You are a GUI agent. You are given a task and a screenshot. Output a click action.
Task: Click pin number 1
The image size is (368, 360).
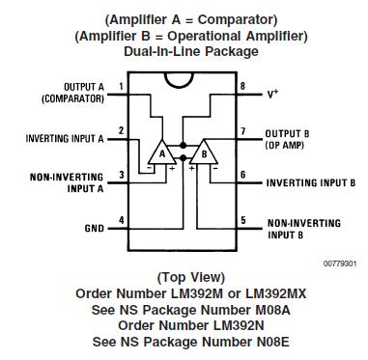[x=122, y=87]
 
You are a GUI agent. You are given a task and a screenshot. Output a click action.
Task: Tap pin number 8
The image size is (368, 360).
[x=243, y=87]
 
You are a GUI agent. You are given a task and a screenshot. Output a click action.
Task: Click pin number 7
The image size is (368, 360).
[x=243, y=130]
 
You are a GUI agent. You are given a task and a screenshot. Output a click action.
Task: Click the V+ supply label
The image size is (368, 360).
[x=274, y=96]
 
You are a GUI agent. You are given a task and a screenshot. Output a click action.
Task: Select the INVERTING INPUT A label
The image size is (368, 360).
[x=64, y=138]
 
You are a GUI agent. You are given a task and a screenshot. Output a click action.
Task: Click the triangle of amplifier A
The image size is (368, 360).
[x=161, y=154]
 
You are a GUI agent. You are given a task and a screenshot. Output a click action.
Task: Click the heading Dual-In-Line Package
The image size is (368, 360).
[x=184, y=51]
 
